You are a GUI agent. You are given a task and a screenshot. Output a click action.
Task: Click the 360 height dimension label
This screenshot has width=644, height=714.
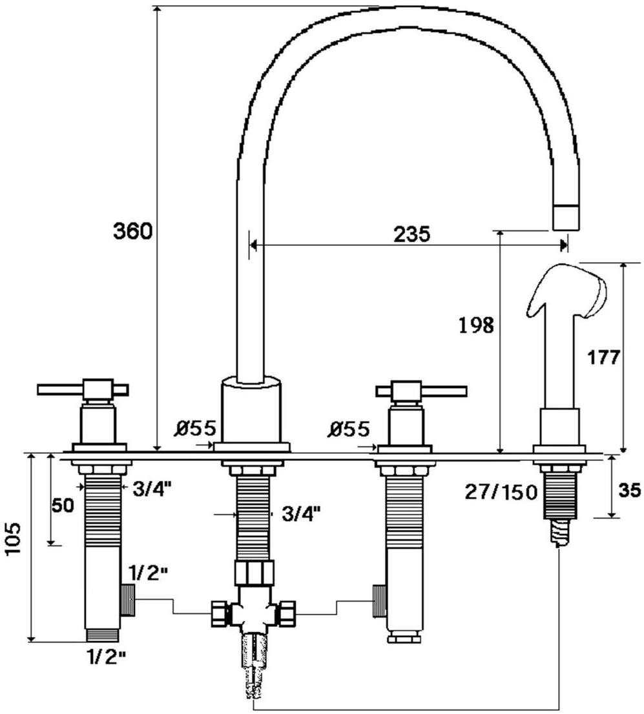(x=132, y=232)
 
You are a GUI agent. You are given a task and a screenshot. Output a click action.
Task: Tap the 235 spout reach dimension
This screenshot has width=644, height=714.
(x=411, y=234)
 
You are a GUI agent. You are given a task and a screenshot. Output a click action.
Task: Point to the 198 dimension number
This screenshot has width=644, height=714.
(x=476, y=325)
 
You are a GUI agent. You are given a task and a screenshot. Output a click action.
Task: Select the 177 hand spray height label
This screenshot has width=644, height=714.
(x=603, y=358)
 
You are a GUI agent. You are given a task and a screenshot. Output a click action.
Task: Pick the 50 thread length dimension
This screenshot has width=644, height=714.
(x=63, y=505)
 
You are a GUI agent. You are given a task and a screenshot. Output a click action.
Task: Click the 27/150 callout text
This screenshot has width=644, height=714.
(x=501, y=492)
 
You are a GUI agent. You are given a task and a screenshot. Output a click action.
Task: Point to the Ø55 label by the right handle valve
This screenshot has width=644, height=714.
(x=350, y=429)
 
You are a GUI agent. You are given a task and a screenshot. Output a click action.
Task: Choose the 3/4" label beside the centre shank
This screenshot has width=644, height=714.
(x=301, y=514)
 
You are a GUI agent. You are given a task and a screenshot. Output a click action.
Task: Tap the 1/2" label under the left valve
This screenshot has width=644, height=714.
(x=105, y=657)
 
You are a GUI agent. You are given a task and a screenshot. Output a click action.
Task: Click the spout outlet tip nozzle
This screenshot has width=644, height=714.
(x=567, y=217)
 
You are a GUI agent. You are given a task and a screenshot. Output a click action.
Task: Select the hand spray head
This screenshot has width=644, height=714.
(x=567, y=291)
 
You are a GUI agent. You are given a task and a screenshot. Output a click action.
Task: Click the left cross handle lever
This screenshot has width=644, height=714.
(x=83, y=389)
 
